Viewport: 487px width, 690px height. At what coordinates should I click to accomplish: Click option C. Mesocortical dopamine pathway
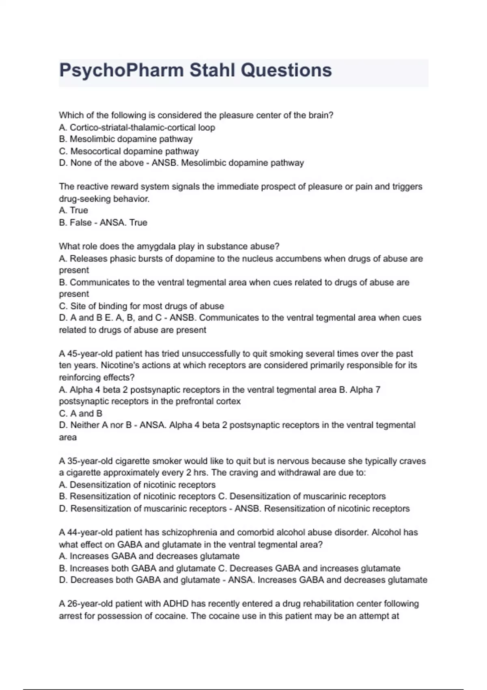pos(129,151)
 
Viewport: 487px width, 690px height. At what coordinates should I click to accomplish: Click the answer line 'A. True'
pos(73,210)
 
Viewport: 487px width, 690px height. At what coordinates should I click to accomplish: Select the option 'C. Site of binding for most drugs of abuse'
pos(141,306)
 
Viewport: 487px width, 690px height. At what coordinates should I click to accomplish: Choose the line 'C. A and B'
pos(80,413)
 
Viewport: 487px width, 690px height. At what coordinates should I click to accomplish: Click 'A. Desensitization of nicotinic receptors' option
pos(137,485)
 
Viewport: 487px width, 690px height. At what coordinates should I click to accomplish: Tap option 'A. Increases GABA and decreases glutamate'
pos(149,556)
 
